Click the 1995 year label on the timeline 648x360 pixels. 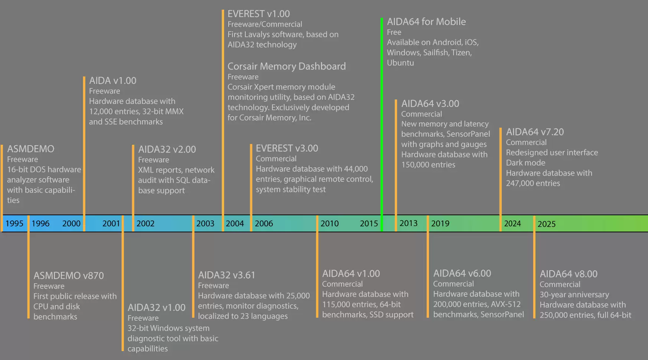click(14, 223)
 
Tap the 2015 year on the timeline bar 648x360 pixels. click(369, 223)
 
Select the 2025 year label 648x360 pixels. click(546, 224)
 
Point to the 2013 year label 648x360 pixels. click(408, 223)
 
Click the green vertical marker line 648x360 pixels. click(382, 111)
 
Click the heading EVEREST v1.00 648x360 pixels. click(258, 14)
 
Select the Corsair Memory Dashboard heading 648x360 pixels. click(287, 66)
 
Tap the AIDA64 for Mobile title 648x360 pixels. click(426, 22)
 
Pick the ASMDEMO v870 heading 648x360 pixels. click(68, 275)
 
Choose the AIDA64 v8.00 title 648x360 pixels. click(568, 274)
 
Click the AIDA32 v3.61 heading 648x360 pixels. click(226, 275)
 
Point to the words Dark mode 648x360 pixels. click(526, 163)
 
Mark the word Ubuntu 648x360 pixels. click(400, 63)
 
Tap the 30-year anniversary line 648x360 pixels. click(574, 294)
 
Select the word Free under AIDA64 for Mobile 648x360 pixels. click(394, 32)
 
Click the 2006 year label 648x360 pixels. click(264, 223)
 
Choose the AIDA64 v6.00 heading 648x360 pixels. click(462, 273)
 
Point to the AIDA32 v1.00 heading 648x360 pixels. click(156, 307)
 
